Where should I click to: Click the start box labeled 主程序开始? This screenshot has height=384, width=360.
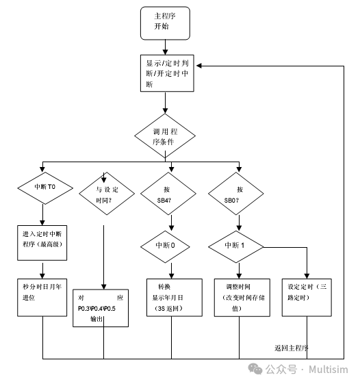(164, 23)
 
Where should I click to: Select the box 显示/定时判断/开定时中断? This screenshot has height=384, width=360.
(165, 71)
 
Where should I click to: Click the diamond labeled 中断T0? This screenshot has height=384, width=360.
(43, 186)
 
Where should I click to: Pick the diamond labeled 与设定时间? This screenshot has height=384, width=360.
(104, 193)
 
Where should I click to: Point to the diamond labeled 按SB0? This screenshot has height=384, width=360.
(239, 194)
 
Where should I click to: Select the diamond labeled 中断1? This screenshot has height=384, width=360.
(239, 244)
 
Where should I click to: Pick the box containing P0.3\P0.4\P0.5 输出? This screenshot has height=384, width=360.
(101, 307)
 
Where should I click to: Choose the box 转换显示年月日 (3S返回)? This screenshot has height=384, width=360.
(175, 298)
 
